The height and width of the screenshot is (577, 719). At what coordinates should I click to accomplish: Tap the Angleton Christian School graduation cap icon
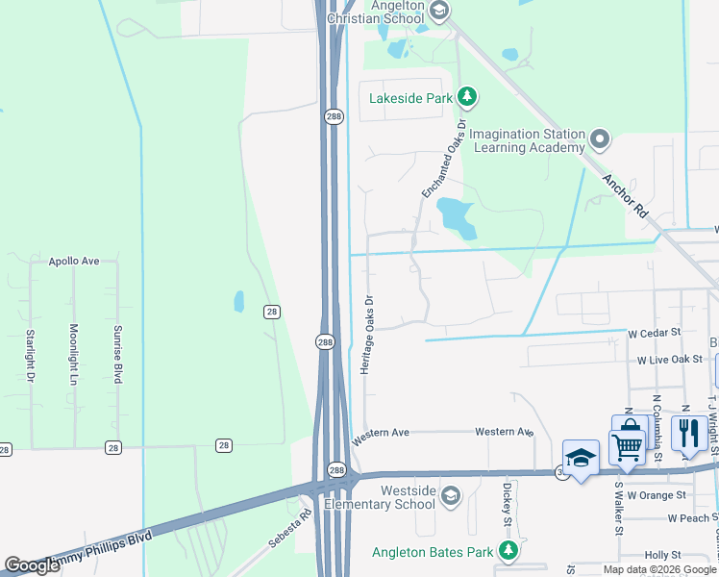[x=439, y=12]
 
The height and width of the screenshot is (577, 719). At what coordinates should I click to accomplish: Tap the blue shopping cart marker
[x=628, y=442]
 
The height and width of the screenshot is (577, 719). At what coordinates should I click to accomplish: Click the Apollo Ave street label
[x=75, y=261]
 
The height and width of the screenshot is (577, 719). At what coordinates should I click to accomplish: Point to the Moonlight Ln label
[x=74, y=355]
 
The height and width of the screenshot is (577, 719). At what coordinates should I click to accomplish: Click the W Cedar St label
[x=654, y=333]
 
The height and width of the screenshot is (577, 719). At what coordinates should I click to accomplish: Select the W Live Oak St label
[x=671, y=360]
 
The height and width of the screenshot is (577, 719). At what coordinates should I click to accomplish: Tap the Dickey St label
[x=506, y=504]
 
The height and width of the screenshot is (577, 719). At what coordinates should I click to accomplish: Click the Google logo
[x=32, y=565]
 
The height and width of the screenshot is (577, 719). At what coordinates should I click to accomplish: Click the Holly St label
[x=662, y=555]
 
